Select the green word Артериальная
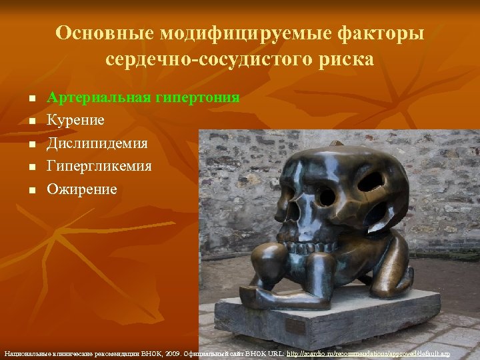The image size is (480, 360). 99,98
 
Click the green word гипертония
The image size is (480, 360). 197,98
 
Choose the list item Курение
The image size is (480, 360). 75,121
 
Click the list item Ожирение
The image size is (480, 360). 81,189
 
